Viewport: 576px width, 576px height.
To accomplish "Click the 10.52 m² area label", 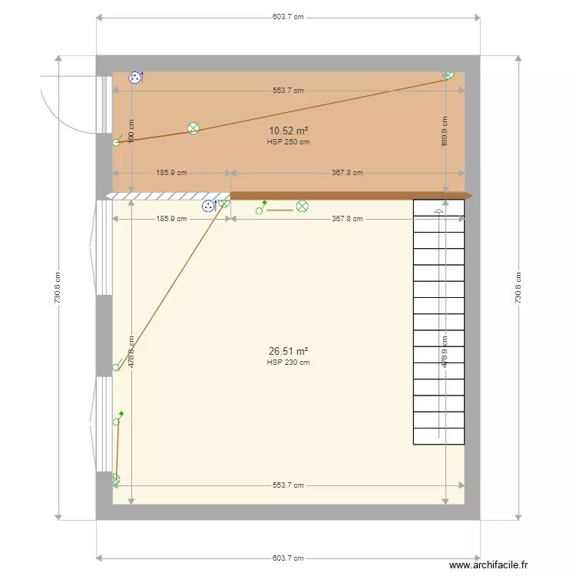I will click(x=288, y=131).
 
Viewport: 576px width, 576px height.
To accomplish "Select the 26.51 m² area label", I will click(x=288, y=351).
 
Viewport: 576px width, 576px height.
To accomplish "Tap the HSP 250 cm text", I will click(x=288, y=141).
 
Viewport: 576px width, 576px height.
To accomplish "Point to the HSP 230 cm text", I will click(x=288, y=362).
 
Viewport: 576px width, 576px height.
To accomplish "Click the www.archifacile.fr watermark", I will click(x=488, y=565).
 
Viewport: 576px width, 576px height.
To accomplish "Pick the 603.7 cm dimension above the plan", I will click(x=288, y=17).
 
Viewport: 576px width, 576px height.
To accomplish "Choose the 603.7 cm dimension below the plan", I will click(x=288, y=558).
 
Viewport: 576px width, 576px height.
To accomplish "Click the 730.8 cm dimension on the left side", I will click(x=58, y=288).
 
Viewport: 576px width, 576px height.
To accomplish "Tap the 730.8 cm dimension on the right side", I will click(x=518, y=288).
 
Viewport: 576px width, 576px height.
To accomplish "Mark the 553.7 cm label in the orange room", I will click(x=288, y=91).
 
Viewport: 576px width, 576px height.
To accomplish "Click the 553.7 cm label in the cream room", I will click(x=288, y=485).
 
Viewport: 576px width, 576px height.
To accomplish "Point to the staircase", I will click(x=439, y=322).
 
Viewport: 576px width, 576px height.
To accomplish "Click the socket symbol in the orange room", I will click(x=136, y=77).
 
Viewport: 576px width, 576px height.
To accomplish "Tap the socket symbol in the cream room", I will click(x=208, y=206).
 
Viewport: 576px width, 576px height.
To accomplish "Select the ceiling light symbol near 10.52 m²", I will click(x=194, y=128).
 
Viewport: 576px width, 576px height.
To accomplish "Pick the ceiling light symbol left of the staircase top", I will click(x=302, y=206).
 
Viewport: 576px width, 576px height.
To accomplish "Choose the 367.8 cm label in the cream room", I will click(x=348, y=219).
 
